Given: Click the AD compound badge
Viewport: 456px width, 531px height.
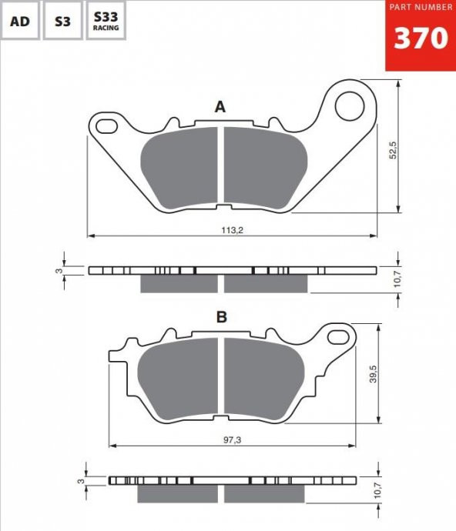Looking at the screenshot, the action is (x=20, y=20).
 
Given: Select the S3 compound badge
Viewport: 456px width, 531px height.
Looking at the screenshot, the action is (x=62, y=20).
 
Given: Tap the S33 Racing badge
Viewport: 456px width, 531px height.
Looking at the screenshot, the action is (x=106, y=20).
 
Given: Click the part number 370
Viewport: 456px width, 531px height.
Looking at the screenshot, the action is (x=421, y=38).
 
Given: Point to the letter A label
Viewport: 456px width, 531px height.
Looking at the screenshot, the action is (x=220, y=107).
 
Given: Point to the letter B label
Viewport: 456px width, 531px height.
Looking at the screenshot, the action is (x=221, y=317).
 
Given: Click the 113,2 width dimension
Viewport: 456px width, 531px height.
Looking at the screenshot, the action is (x=233, y=230).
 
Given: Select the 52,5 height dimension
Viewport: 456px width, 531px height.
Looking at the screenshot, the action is (x=393, y=150).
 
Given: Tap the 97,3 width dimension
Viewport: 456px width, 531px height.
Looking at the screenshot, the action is (x=233, y=440).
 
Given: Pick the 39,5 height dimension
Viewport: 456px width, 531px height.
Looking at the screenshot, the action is (x=373, y=373).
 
